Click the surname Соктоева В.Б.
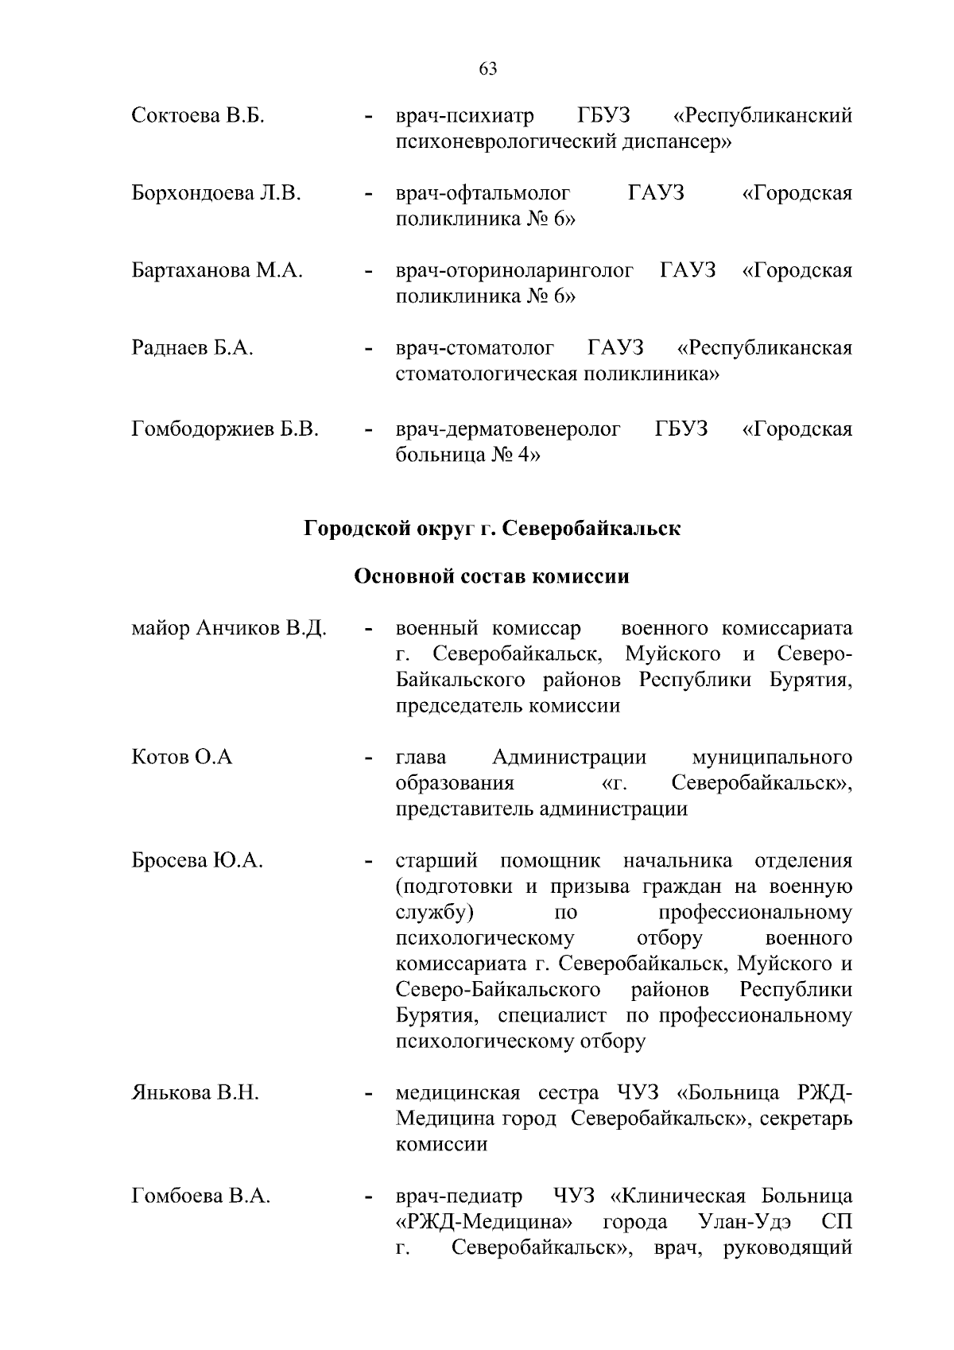point(198,116)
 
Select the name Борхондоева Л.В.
point(215,193)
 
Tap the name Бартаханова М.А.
point(217,270)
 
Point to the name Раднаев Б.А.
point(192,348)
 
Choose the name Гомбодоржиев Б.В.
point(225,429)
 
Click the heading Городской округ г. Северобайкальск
point(492,529)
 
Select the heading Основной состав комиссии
point(491,576)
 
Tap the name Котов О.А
point(182,757)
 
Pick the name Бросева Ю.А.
point(196,860)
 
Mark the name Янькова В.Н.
point(195,1092)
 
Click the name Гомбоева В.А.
point(200,1196)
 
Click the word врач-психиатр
point(465,116)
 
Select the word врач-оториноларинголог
point(514,270)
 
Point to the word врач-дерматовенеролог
point(508,429)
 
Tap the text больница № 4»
point(468,456)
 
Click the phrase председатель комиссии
point(507,705)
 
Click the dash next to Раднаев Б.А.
point(368,350)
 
